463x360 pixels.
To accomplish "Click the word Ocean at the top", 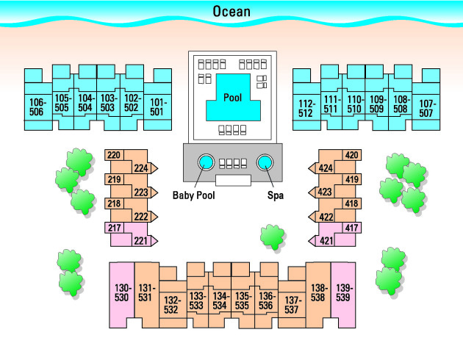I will pyautogui.click(x=232, y=11).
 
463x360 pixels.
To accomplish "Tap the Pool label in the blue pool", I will pyautogui.click(x=232, y=97).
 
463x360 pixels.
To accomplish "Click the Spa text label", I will pyautogui.click(x=275, y=195).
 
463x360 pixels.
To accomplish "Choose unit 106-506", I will pyautogui.click(x=37, y=107).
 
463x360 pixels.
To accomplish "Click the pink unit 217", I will pyautogui.click(x=115, y=228).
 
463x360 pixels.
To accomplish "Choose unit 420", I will pyautogui.click(x=351, y=155).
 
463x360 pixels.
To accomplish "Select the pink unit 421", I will pyautogui.click(x=326, y=240).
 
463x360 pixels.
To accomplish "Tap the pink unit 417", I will pyautogui.click(x=351, y=228).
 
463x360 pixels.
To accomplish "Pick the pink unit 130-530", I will pyautogui.click(x=121, y=292).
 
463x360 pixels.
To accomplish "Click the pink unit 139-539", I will pyautogui.click(x=343, y=292).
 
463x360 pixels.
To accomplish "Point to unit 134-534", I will pyautogui.click(x=220, y=300).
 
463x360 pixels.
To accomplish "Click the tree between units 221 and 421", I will pyautogui.click(x=273, y=237).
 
